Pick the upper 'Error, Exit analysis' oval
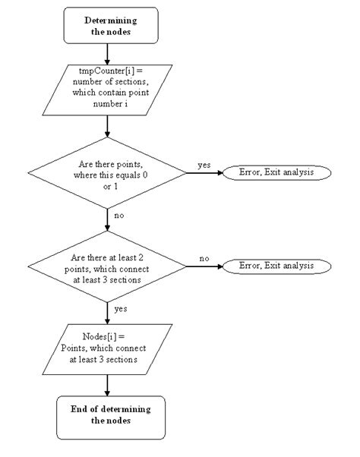[276, 172]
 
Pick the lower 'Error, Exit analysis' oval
[276, 266]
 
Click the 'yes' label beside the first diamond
[204, 164]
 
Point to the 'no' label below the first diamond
[119, 216]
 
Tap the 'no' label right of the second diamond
[204, 259]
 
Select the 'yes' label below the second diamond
[120, 310]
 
